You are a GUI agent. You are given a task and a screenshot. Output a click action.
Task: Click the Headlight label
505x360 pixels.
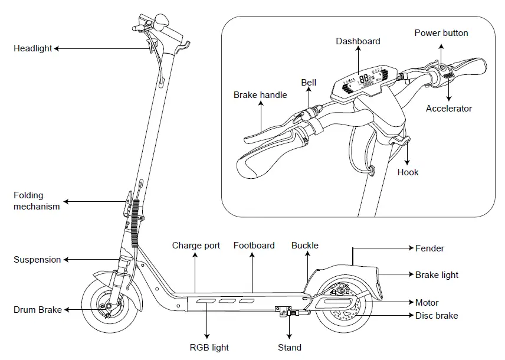click(x=33, y=48)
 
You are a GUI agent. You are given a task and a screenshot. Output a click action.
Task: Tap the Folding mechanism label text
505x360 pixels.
click(x=37, y=201)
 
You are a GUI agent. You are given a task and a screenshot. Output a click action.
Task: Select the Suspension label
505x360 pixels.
click(x=37, y=260)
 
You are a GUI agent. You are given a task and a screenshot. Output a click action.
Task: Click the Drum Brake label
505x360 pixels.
click(x=38, y=310)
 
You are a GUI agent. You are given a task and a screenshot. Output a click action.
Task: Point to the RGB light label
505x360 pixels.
click(x=209, y=348)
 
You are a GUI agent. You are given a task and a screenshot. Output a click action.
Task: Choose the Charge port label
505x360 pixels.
click(x=196, y=246)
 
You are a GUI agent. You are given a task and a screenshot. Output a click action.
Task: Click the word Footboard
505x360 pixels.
click(x=254, y=246)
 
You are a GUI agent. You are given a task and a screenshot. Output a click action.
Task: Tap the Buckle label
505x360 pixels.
click(x=304, y=246)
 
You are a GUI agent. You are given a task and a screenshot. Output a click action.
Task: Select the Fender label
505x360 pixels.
click(x=429, y=248)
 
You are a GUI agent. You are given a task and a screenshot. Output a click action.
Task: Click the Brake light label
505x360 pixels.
click(x=437, y=275)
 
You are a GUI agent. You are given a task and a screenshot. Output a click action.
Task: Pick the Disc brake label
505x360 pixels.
click(x=437, y=316)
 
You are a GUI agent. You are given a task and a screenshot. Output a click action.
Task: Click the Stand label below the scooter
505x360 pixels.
click(x=290, y=348)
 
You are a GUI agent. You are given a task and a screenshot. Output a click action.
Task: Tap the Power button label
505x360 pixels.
click(x=441, y=33)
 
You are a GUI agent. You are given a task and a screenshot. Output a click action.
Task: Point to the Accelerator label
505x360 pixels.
click(x=449, y=109)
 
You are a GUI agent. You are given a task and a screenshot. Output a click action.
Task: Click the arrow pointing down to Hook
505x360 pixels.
click(x=408, y=154)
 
